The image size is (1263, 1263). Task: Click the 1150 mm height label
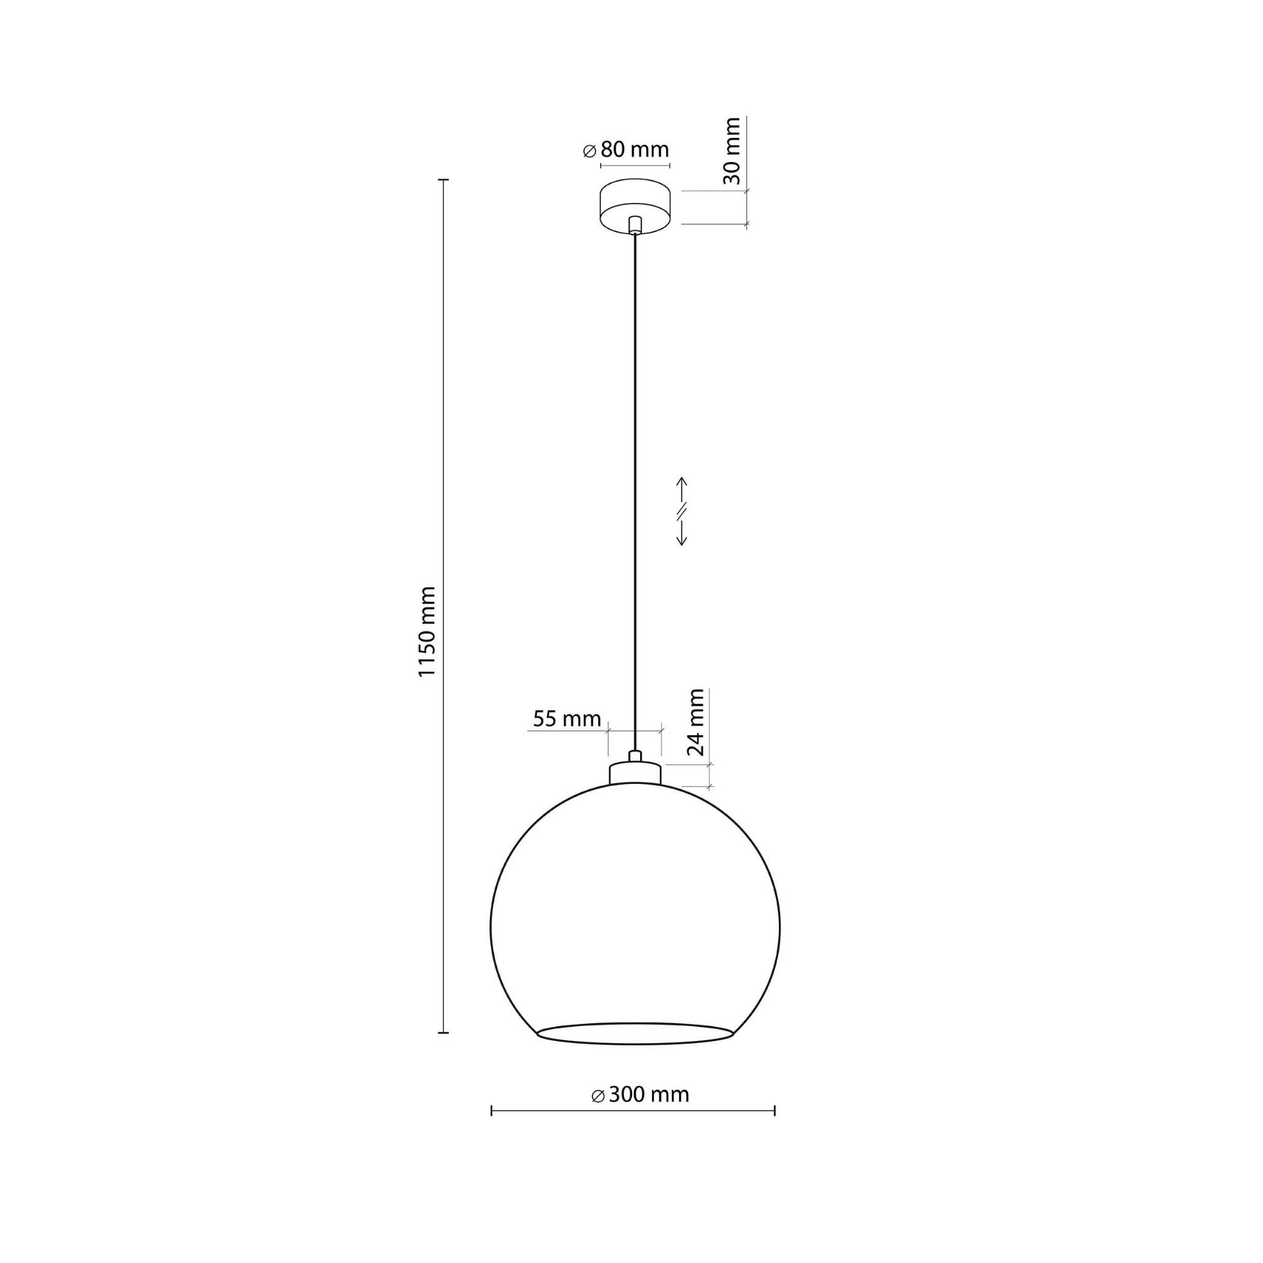(427, 632)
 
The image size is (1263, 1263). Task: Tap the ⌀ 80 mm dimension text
(625, 150)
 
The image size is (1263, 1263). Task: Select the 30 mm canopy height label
(733, 151)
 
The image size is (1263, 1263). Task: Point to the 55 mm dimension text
(567, 719)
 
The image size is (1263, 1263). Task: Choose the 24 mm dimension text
(696, 722)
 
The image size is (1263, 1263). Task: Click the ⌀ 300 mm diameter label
(640, 1095)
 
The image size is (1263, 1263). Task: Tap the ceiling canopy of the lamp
(634, 206)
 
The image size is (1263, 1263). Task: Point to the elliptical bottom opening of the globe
(635, 1044)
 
